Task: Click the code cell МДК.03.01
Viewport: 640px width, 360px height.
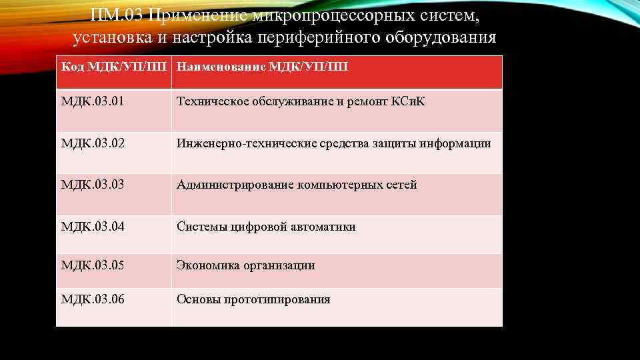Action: click(x=93, y=102)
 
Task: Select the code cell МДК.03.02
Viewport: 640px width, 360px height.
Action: click(x=93, y=143)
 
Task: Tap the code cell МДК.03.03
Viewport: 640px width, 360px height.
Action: click(x=93, y=185)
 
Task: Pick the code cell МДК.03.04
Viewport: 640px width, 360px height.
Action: click(x=93, y=227)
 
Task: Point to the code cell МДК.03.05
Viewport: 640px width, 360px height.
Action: click(x=93, y=265)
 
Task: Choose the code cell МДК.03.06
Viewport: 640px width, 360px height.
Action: click(x=93, y=299)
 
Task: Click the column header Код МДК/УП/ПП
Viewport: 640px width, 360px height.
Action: click(x=114, y=67)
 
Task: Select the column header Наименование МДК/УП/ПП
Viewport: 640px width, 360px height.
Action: click(x=262, y=67)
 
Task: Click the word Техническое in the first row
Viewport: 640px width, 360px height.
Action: click(x=210, y=102)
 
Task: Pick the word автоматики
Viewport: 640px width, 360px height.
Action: click(x=323, y=227)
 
